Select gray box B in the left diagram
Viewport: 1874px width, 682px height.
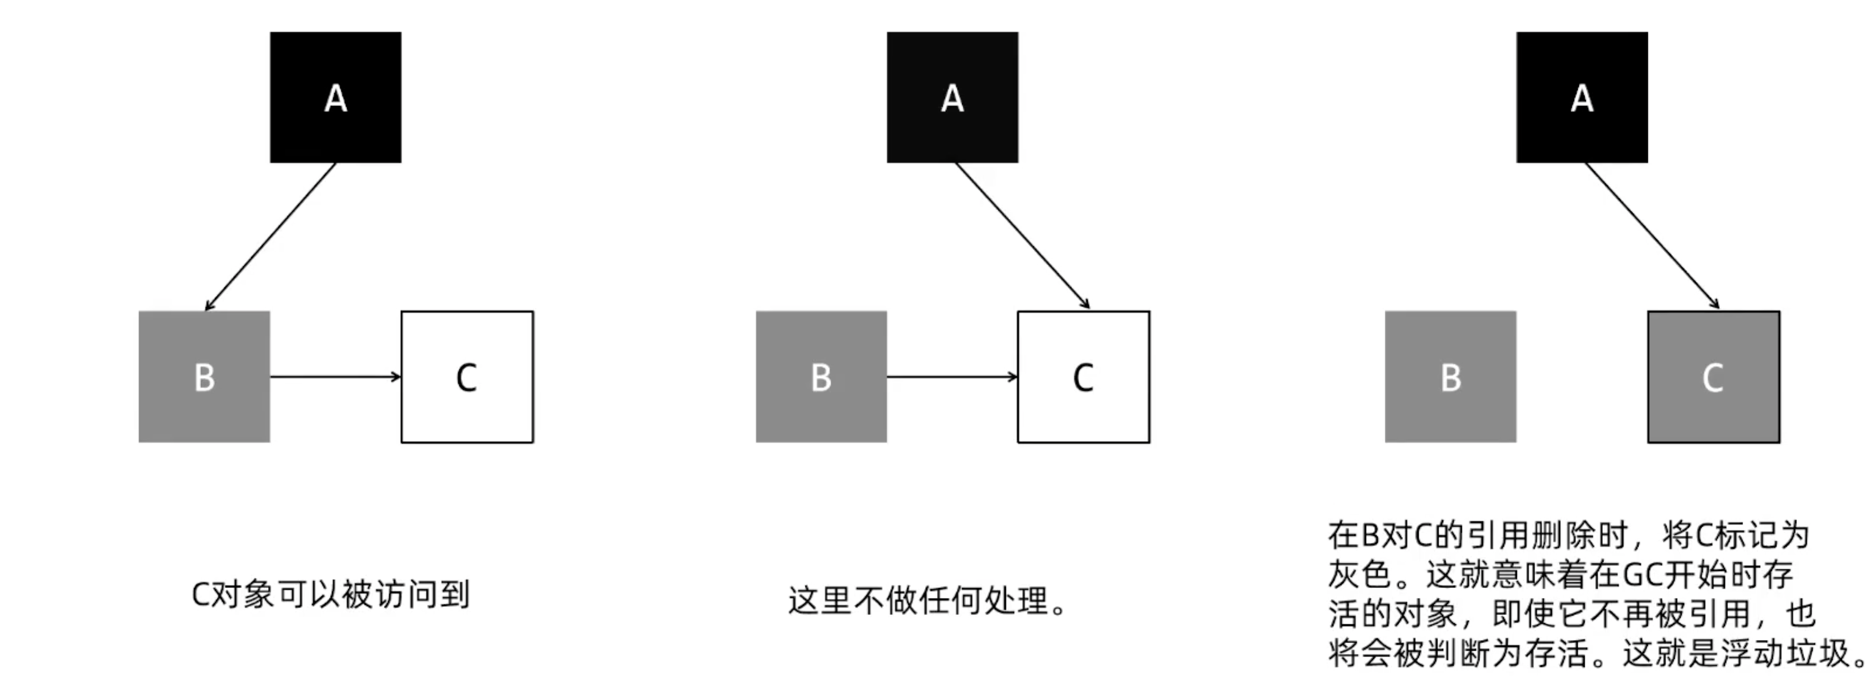pyautogui.click(x=204, y=376)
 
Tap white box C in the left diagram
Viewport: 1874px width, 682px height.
pyautogui.click(x=467, y=376)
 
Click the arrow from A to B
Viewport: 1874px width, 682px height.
pyautogui.click(x=271, y=236)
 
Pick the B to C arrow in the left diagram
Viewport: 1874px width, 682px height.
pyautogui.click(x=334, y=376)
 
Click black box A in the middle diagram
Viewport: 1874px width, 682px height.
pyautogui.click(x=952, y=97)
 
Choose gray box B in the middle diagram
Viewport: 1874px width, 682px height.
pyautogui.click(x=821, y=376)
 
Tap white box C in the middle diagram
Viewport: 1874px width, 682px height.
pyautogui.click(x=1083, y=376)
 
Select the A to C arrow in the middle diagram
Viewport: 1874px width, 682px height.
pyautogui.click(x=1022, y=236)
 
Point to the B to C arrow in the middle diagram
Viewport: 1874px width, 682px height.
pyautogui.click(x=951, y=376)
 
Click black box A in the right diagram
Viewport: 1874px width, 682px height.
pyautogui.click(x=1582, y=97)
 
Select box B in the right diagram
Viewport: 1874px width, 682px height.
pyautogui.click(x=1451, y=376)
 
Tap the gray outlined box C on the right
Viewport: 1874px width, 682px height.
pyautogui.click(x=1713, y=376)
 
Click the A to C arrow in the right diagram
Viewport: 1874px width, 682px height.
pyautogui.click(x=1652, y=236)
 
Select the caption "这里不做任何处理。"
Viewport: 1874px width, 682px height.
pyautogui.click(x=928, y=601)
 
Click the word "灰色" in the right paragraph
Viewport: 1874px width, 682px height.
pyautogui.click(x=1360, y=575)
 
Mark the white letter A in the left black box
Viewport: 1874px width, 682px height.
pyautogui.click(x=335, y=98)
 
